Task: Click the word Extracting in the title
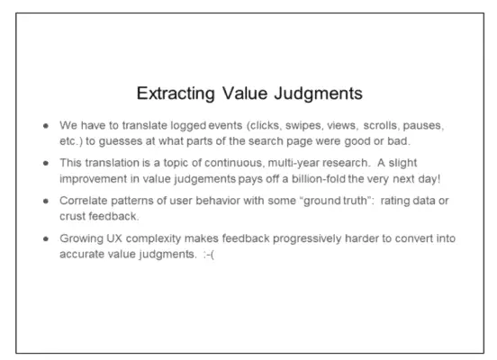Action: [176, 94]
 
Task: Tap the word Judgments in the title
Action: [318, 94]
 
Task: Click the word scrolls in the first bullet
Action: [382, 125]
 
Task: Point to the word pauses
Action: [423, 126]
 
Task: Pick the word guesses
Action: [121, 141]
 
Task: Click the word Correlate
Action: [84, 201]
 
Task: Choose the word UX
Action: [114, 238]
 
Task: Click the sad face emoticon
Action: [209, 254]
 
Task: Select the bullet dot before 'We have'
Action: [46, 126]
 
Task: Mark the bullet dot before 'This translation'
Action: [46, 163]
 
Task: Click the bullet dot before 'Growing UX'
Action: [46, 238]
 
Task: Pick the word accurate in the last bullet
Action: [82, 255]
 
